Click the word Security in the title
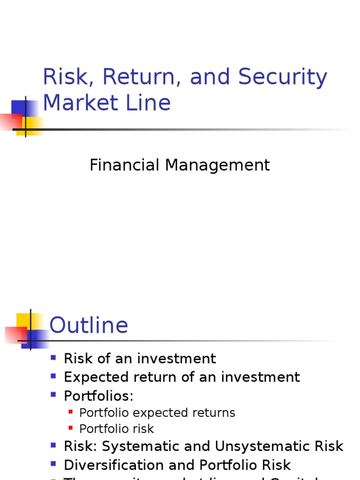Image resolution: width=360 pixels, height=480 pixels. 283,77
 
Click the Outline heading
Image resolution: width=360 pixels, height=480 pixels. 89,325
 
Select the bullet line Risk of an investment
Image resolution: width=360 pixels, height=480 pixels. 140,359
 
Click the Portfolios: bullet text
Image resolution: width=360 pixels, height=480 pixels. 98,396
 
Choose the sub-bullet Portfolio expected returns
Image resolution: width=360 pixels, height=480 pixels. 157,413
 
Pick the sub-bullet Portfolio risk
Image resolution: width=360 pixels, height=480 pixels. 116,429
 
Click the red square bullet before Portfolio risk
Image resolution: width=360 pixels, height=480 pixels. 71,428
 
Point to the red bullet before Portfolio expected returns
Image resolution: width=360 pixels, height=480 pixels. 71,412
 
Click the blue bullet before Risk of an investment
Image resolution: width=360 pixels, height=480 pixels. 53,358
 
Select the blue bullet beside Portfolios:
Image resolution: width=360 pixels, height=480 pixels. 53,395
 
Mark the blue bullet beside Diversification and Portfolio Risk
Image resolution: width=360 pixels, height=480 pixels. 53,464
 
